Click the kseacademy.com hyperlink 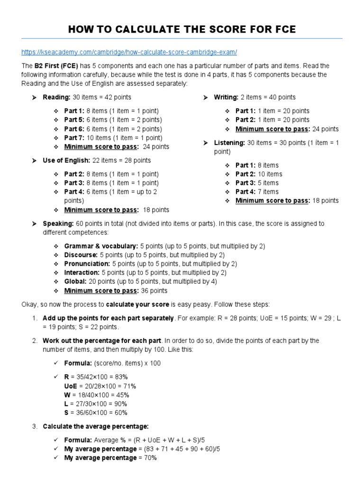129,51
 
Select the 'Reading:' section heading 56,97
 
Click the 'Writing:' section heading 226,97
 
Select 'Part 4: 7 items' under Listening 257,191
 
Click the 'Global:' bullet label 75,281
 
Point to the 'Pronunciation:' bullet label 87,263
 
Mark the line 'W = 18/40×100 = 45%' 97,395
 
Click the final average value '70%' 147,458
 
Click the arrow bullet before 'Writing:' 205,97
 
